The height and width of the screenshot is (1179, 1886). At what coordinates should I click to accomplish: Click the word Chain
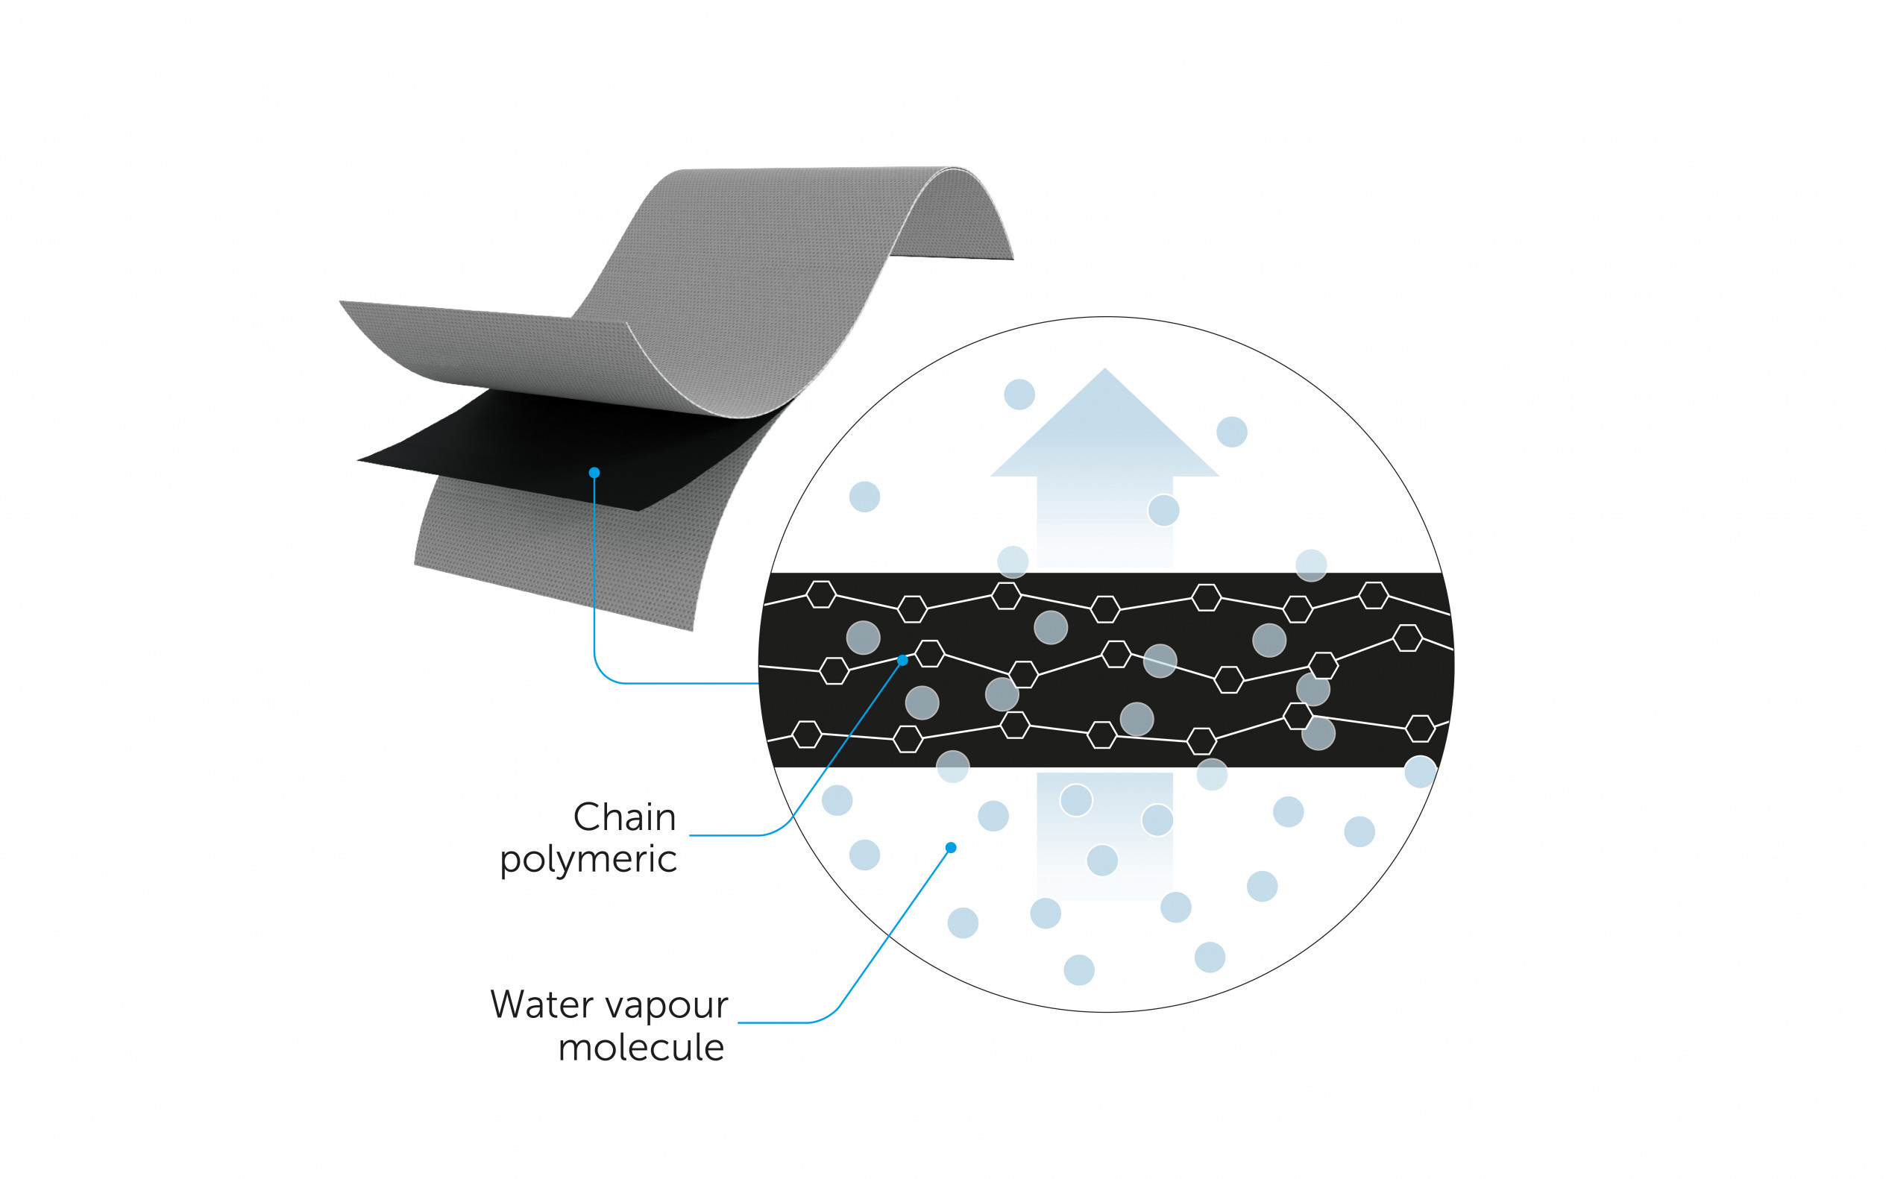[623, 818]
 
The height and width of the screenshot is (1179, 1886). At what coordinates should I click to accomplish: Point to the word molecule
[641, 1047]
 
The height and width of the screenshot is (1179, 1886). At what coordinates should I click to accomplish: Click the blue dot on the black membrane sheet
[594, 473]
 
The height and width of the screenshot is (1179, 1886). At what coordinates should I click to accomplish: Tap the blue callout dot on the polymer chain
[902, 661]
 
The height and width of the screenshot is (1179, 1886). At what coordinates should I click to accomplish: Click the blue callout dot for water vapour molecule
[950, 848]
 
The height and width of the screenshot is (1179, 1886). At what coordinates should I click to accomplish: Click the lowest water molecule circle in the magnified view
[1079, 970]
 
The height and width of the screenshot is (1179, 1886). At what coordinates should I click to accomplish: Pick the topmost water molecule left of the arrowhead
[1019, 394]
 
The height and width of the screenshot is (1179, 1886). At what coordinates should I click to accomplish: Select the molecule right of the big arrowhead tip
[1232, 432]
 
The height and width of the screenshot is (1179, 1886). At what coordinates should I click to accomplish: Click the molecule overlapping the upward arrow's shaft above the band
[1163, 511]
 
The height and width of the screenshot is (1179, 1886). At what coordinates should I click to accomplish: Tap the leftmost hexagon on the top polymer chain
[821, 594]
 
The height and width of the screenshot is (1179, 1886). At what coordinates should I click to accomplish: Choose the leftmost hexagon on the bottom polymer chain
[807, 734]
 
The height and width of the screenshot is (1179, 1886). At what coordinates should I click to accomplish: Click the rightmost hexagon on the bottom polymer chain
[1420, 729]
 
